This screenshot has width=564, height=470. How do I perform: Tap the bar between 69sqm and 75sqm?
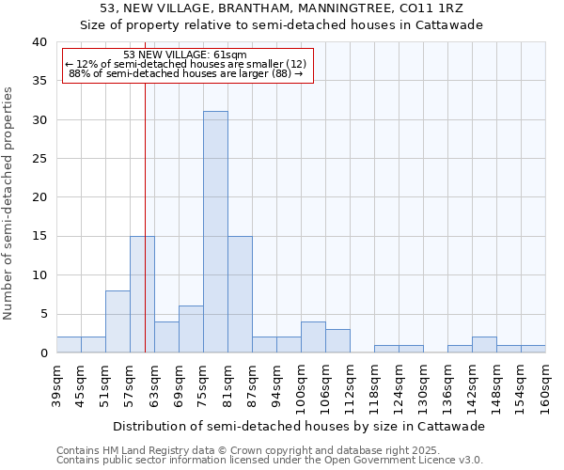(191, 329)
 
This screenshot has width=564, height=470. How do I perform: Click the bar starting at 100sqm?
(313, 337)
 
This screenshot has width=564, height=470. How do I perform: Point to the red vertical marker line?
(145, 216)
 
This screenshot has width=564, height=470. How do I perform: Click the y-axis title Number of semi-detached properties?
(8, 203)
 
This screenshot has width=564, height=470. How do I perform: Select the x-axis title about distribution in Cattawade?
(305, 426)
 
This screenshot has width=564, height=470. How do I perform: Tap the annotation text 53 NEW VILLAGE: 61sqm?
(184, 55)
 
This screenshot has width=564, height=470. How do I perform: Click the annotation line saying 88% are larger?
(185, 72)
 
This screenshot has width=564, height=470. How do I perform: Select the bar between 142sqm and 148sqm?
(484, 344)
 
